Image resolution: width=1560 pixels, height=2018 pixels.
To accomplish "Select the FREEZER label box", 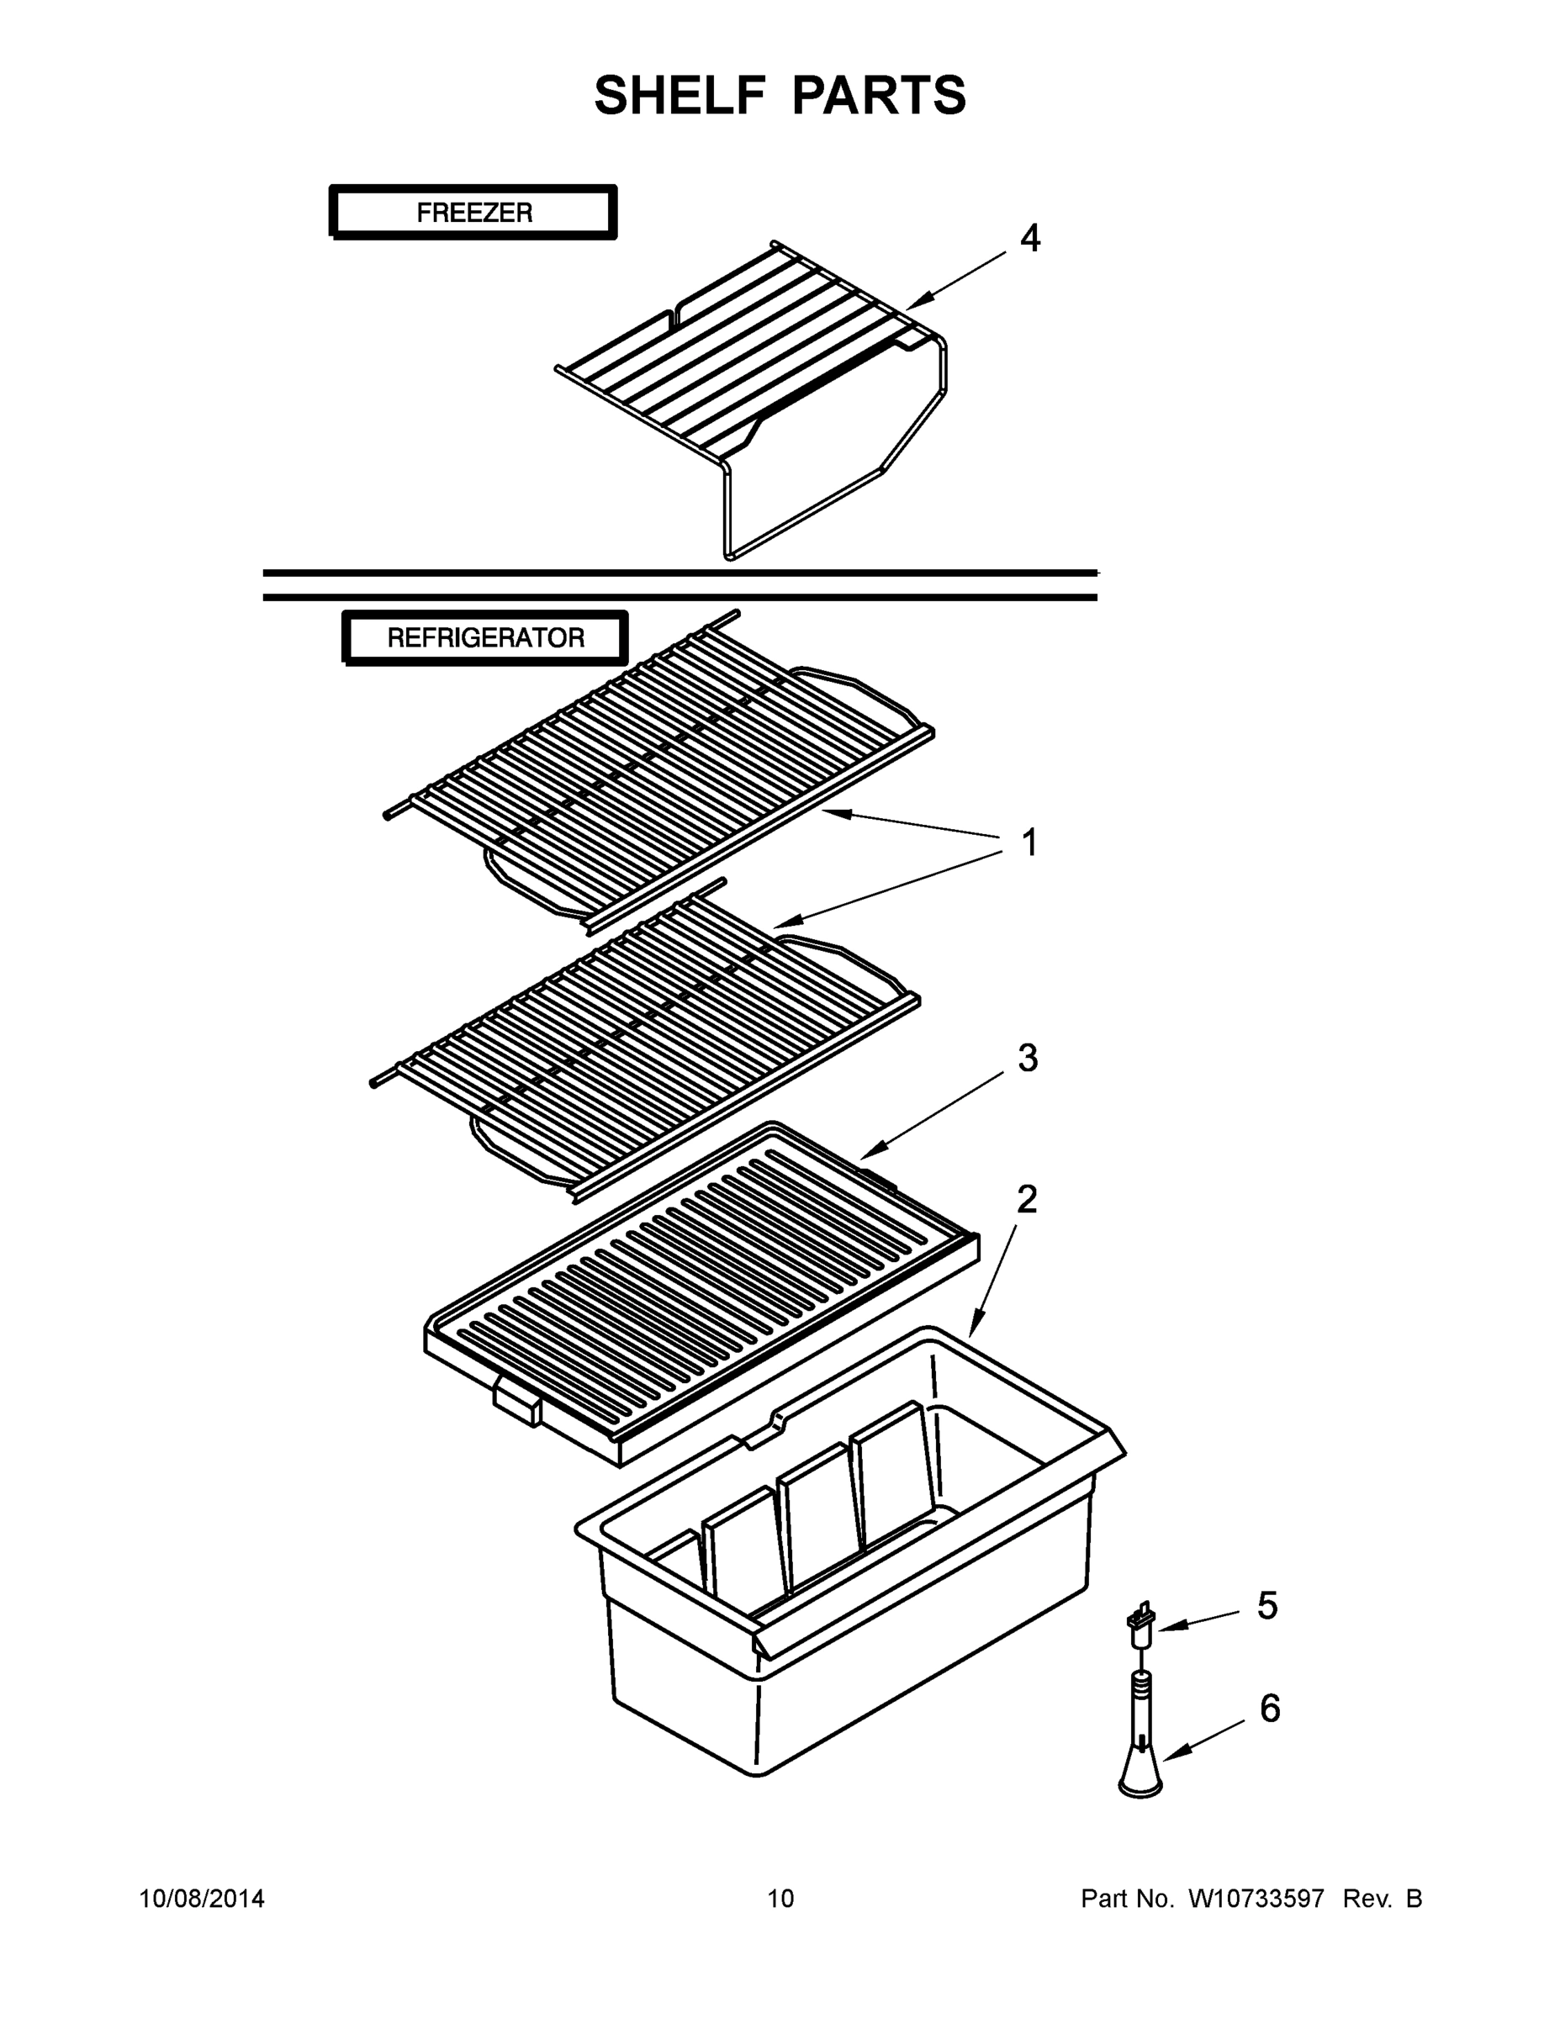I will (473, 213).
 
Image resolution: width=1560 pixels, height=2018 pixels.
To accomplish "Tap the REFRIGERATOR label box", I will (485, 637).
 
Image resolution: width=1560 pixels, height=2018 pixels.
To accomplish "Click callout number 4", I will (1029, 239).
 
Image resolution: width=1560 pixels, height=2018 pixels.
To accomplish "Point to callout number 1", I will (1029, 843).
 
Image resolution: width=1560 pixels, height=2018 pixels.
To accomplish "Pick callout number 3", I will (1028, 1058).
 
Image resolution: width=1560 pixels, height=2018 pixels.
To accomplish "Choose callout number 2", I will (1027, 1200).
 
